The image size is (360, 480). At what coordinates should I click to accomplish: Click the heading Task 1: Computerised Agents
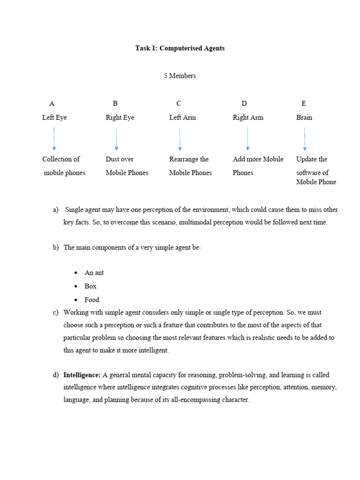(x=180, y=48)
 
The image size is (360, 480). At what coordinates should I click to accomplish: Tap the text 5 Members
(x=180, y=75)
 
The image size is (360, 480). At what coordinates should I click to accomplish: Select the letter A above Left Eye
(x=52, y=103)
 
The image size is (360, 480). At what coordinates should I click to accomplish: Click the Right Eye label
(x=120, y=117)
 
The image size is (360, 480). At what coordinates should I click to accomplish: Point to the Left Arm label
(x=182, y=117)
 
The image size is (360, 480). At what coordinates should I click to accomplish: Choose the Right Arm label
(x=248, y=117)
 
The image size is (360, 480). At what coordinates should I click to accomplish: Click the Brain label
(x=304, y=117)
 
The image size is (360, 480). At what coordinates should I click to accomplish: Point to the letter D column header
(x=244, y=103)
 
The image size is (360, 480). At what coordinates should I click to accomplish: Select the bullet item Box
(x=90, y=286)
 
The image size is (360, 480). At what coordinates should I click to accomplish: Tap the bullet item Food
(x=92, y=300)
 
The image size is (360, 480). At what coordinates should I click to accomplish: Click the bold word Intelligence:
(x=82, y=375)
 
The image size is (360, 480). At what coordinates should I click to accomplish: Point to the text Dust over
(x=120, y=159)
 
